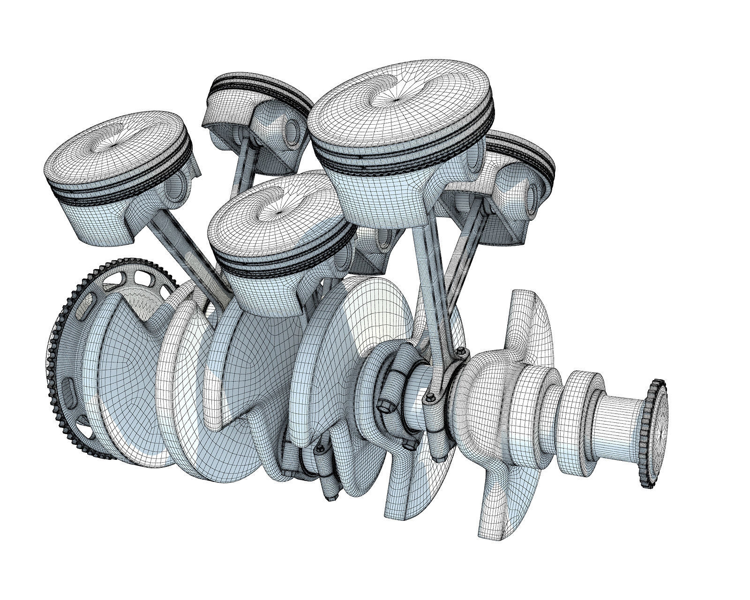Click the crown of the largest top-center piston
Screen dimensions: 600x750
coord(398,98)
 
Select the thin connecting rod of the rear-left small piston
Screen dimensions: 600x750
coord(244,162)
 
